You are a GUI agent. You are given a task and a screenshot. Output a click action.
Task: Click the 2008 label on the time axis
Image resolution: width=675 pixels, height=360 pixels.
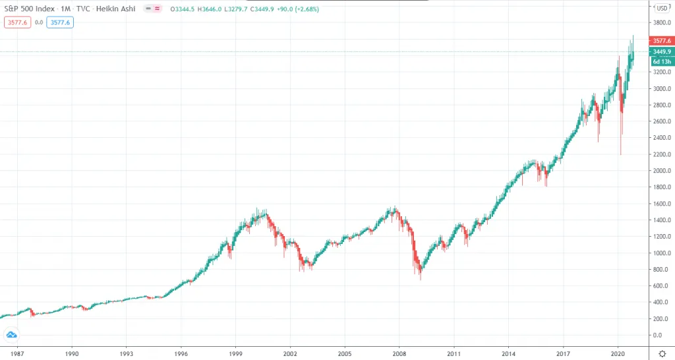(x=399, y=353)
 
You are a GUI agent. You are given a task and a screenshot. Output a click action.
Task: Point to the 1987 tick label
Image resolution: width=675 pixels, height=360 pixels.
(x=17, y=353)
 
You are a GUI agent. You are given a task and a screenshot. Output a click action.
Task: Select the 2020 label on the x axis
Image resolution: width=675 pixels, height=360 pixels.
(x=618, y=353)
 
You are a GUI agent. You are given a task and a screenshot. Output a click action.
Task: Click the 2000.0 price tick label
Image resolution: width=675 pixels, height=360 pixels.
(x=660, y=171)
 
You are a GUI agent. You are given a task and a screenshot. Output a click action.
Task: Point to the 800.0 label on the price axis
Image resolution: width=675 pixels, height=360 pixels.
(x=660, y=270)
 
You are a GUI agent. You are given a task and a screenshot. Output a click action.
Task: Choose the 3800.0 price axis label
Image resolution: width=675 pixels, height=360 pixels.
(x=660, y=22)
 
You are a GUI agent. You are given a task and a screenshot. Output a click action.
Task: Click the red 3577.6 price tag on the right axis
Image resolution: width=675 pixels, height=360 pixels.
(x=661, y=41)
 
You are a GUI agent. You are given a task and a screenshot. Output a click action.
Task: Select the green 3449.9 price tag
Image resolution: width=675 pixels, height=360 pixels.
(x=661, y=51)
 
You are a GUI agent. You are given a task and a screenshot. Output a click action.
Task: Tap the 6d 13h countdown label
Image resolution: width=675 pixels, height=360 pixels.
(x=661, y=61)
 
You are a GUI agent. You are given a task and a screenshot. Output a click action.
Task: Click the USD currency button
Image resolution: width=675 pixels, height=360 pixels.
(x=661, y=9)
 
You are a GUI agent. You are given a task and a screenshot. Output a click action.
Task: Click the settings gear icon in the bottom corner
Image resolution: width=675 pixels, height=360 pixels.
(x=662, y=354)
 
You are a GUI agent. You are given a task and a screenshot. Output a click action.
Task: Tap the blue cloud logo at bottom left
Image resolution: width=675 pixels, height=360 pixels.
(x=11, y=336)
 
